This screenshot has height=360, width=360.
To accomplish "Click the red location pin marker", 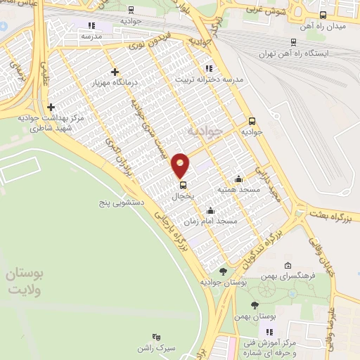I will pos(181,165).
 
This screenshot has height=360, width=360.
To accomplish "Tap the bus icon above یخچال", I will pos(183,186).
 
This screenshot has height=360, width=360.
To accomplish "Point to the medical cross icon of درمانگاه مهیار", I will pos(115,72).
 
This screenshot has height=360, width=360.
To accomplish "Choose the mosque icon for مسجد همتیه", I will pos(239,179).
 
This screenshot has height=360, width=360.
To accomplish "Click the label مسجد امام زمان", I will pos(211,221).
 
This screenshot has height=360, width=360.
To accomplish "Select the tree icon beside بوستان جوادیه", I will pos(223,271).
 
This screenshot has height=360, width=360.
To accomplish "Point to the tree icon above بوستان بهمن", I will pos(255,305).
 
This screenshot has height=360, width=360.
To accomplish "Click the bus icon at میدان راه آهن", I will pos(323,15).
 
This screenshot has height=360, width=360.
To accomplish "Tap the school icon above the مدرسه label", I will pos(89,25).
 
